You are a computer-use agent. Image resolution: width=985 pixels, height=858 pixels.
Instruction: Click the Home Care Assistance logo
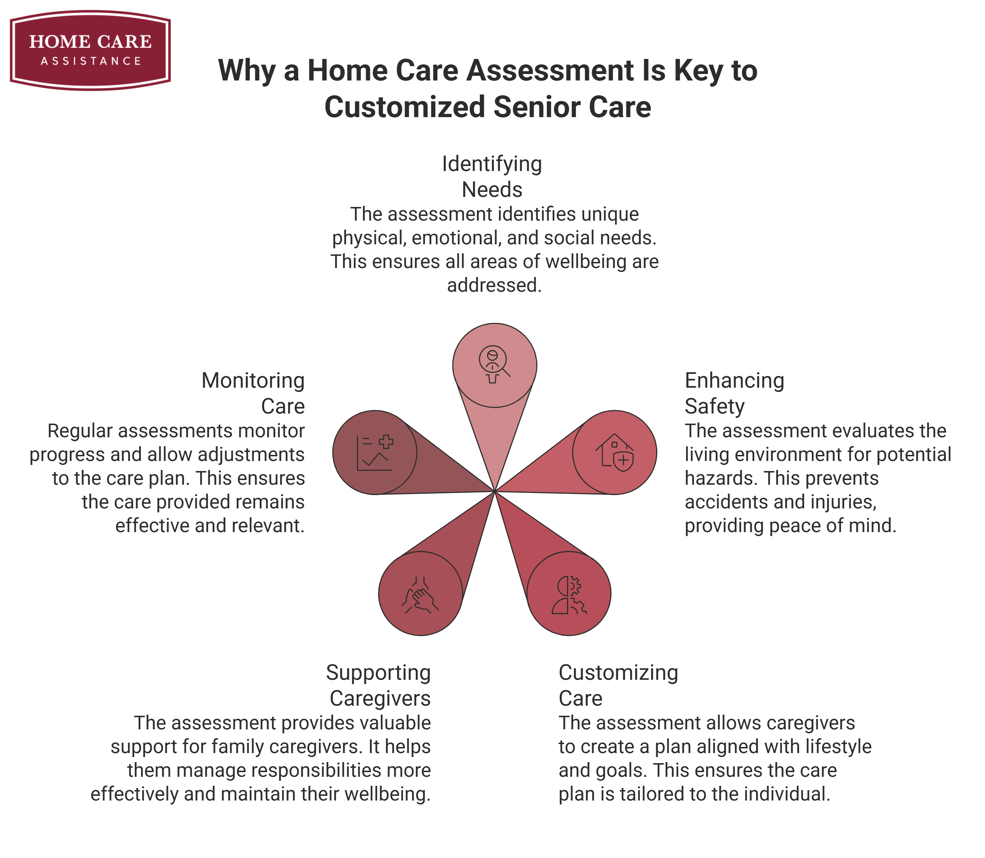click(x=90, y=50)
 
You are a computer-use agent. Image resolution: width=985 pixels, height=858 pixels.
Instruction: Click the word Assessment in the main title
click(x=550, y=71)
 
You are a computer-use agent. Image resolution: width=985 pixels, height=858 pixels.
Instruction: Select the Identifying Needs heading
click(x=492, y=176)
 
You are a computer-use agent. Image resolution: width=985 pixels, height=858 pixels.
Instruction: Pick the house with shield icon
click(x=615, y=452)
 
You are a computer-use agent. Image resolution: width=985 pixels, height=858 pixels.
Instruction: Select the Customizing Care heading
click(x=618, y=685)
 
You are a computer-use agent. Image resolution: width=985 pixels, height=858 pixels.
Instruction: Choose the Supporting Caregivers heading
click(x=379, y=685)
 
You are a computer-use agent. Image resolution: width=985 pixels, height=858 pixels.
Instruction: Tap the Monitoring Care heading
click(x=253, y=393)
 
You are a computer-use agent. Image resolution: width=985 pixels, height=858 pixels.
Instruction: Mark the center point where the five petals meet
click(x=494, y=491)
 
